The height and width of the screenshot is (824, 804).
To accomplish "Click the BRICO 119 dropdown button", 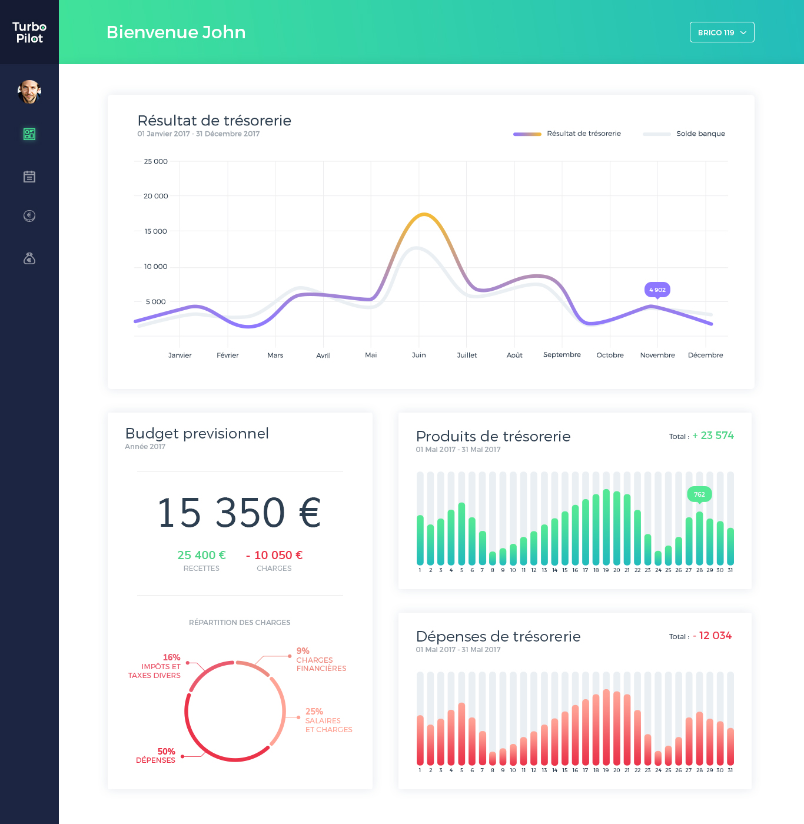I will point(722,32).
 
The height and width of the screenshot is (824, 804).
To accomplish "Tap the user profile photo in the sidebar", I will point(29,92).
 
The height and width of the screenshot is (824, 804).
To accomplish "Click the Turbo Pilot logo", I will point(29,32).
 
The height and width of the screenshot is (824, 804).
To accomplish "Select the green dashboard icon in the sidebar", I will point(29,134).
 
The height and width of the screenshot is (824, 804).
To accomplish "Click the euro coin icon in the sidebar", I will point(29,216).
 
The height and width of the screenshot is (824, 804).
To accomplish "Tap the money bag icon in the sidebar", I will point(29,258).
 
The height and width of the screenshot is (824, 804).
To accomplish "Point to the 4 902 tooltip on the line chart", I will point(657,290).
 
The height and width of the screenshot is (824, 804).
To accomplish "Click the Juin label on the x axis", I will point(418,355).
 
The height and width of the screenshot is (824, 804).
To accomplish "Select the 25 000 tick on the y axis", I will point(156,161).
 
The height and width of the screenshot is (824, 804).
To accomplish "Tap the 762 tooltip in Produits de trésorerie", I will point(699,494).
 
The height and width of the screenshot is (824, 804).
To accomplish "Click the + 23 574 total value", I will point(713,436).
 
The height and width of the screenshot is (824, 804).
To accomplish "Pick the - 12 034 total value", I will point(712,636).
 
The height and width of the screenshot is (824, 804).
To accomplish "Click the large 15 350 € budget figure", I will point(239,512).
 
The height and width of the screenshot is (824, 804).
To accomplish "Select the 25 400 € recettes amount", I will point(201,555).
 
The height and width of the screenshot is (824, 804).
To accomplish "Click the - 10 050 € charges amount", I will point(274,555).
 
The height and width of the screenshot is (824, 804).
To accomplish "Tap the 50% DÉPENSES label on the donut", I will point(156,756).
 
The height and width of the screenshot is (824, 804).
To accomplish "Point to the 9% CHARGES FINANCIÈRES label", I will point(321,660).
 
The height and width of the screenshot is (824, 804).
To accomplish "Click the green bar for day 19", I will point(606,527).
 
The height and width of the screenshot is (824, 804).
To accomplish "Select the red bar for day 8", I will point(493,758).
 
